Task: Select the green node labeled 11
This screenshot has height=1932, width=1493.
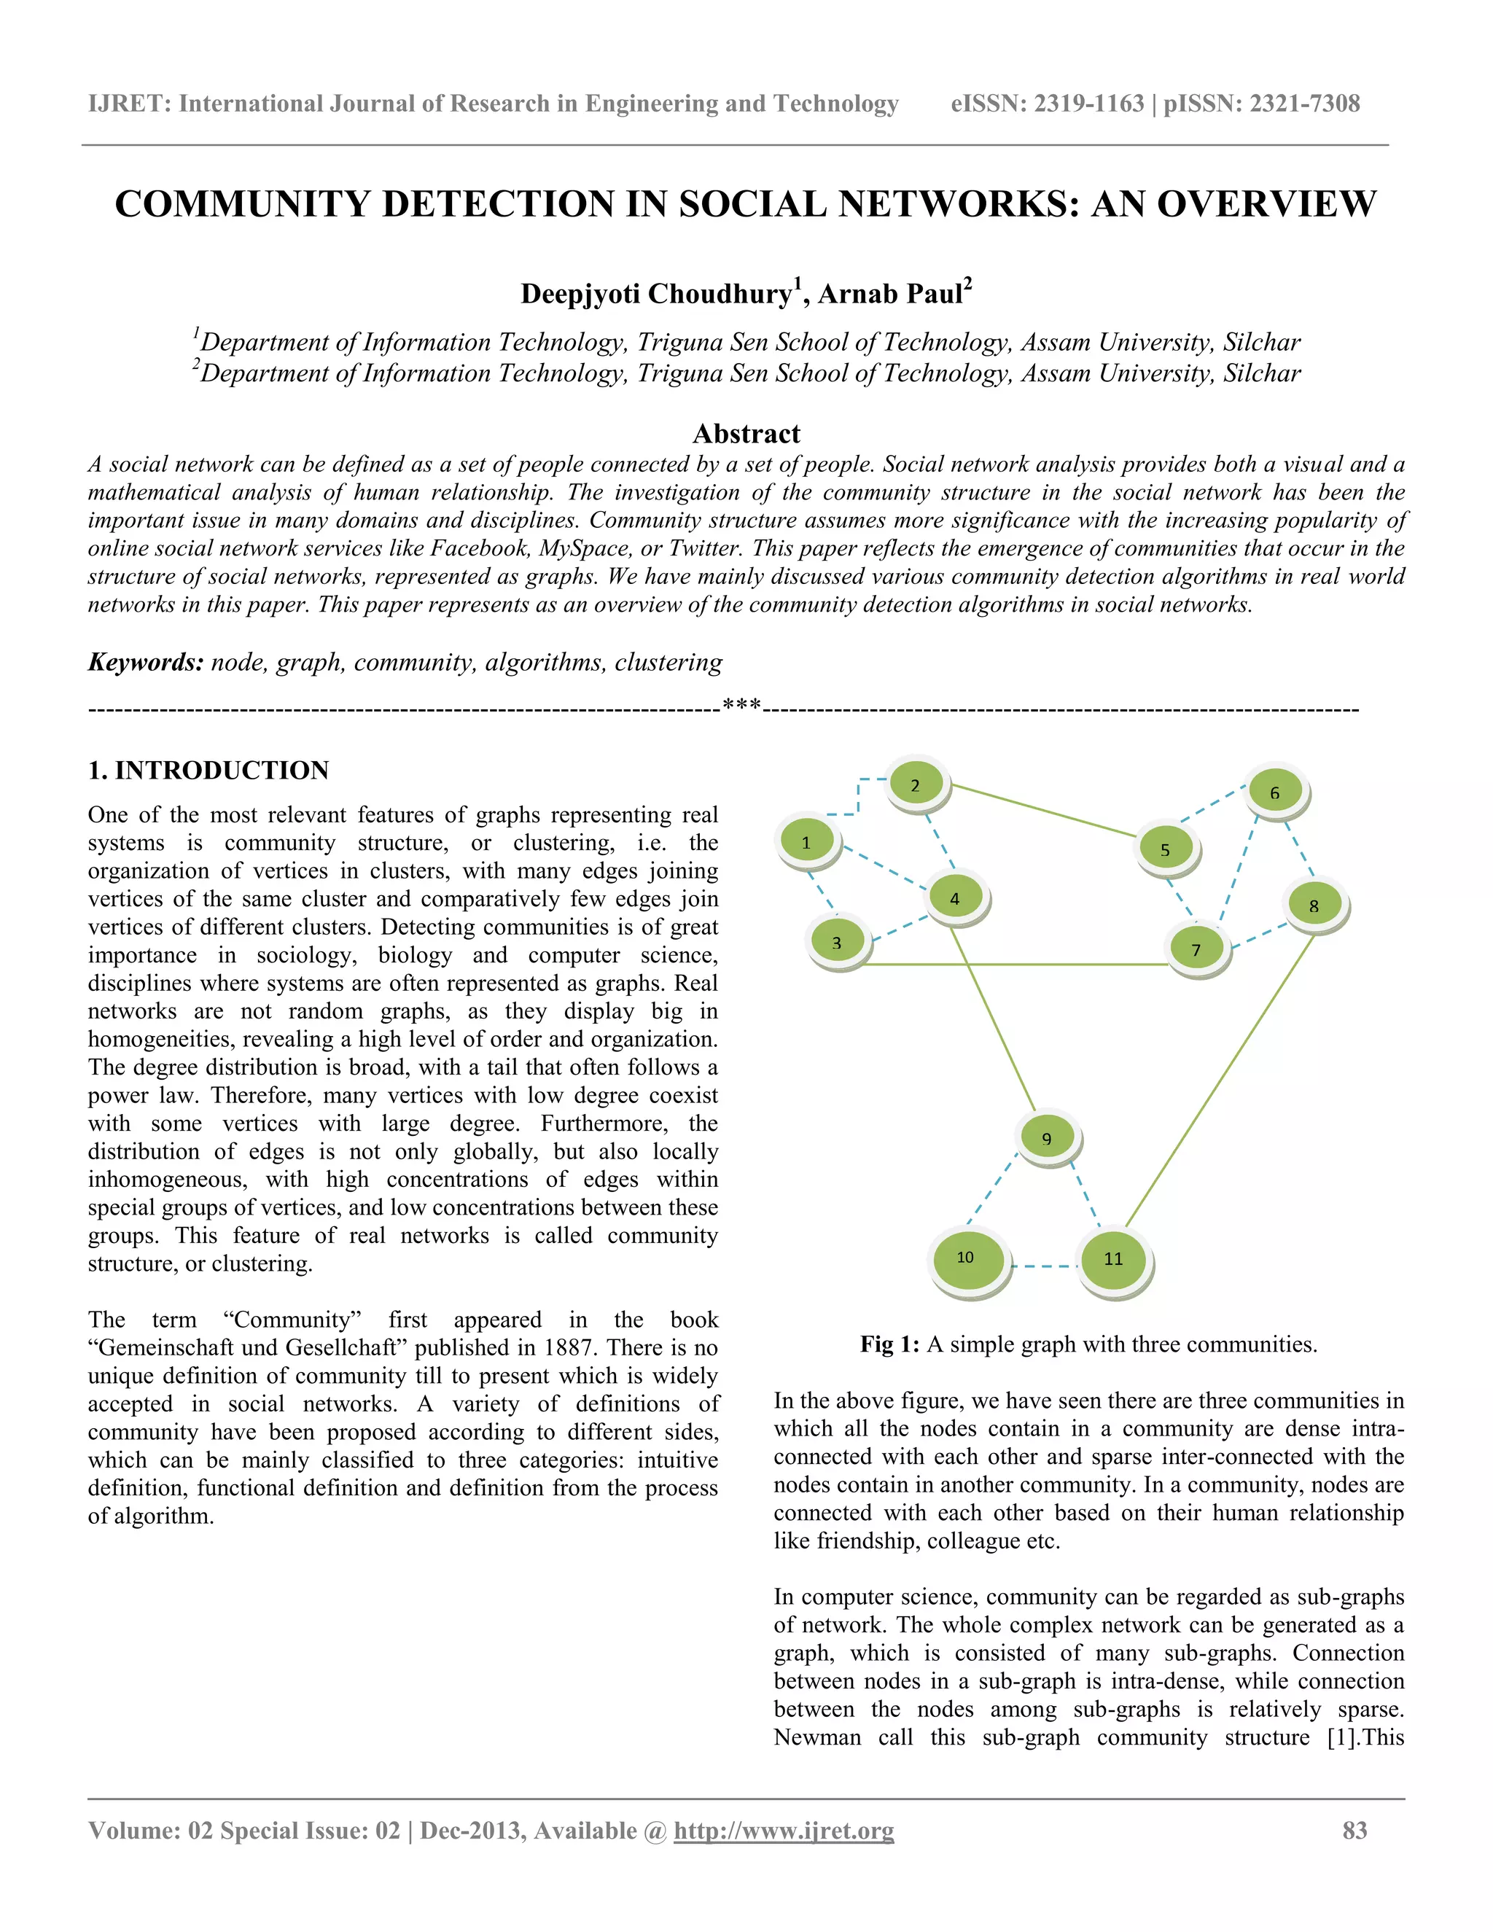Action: pos(1114,1259)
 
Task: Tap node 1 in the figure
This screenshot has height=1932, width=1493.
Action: pos(806,842)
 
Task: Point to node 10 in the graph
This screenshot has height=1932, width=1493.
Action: pos(967,1257)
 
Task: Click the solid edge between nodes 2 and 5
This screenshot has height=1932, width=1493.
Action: pos(1044,810)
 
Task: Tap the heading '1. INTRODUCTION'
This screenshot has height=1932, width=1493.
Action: pos(208,770)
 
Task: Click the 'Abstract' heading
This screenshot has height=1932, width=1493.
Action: pos(746,434)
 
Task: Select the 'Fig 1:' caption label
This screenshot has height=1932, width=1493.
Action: pos(890,1344)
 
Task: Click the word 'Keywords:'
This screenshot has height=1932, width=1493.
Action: pos(146,663)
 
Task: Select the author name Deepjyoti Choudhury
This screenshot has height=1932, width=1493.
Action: pos(655,294)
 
